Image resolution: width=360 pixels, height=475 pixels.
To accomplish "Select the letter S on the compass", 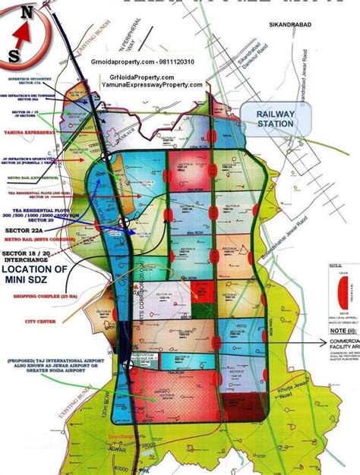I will click(x=14, y=55).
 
